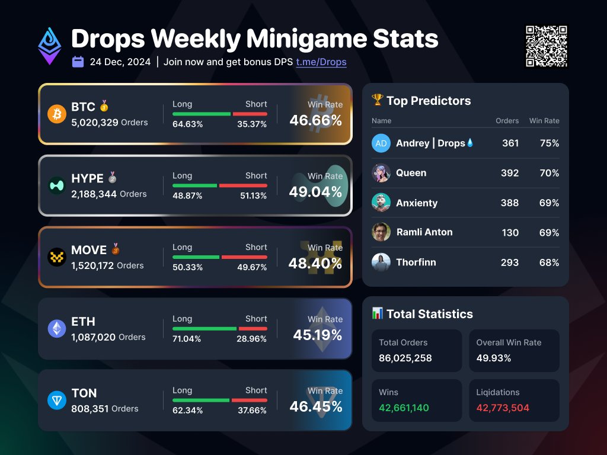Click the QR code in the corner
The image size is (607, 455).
tap(546, 46)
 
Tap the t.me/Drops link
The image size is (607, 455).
tap(321, 62)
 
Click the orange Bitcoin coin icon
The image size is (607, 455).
tap(57, 114)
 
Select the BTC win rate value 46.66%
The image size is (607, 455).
tap(315, 120)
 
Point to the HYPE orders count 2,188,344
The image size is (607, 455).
tap(94, 194)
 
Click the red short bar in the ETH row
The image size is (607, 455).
tap(253, 328)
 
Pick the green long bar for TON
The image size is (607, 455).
tap(201, 400)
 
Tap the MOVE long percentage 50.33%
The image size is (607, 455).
tap(187, 267)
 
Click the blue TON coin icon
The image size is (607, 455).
tap(57, 400)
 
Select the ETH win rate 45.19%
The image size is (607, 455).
tap(317, 335)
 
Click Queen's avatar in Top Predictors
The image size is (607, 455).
tap(381, 173)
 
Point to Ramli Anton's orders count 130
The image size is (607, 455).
tap(510, 233)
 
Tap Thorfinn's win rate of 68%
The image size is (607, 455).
tap(549, 262)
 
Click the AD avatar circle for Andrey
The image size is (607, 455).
tap(381, 143)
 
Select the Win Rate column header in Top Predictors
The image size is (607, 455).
tap(544, 121)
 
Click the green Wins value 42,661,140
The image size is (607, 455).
tap(404, 408)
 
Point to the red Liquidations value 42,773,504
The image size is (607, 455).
tap(503, 408)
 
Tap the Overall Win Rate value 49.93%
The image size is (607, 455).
tap(493, 358)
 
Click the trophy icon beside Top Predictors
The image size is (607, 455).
tap(378, 100)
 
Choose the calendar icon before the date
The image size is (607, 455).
tap(78, 62)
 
